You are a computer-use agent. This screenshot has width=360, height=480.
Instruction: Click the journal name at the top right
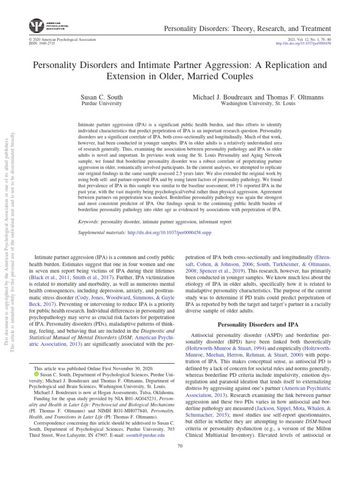pos(247,29)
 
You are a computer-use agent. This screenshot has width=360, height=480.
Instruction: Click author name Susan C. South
pos(102,97)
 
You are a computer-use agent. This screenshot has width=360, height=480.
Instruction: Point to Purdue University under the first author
pos(102,103)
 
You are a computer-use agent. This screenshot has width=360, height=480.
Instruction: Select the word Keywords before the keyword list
pos(90,221)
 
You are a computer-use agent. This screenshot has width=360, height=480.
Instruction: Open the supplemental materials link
pos(172,232)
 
